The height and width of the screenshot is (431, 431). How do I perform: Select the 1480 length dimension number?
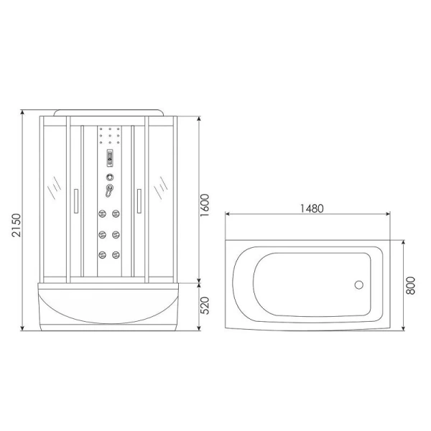310,209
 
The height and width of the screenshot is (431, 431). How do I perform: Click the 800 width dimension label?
410,285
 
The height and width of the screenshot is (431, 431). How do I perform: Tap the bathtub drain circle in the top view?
360,285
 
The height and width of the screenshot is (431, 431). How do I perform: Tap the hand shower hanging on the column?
108,191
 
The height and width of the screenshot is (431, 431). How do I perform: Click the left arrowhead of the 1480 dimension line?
229,214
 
